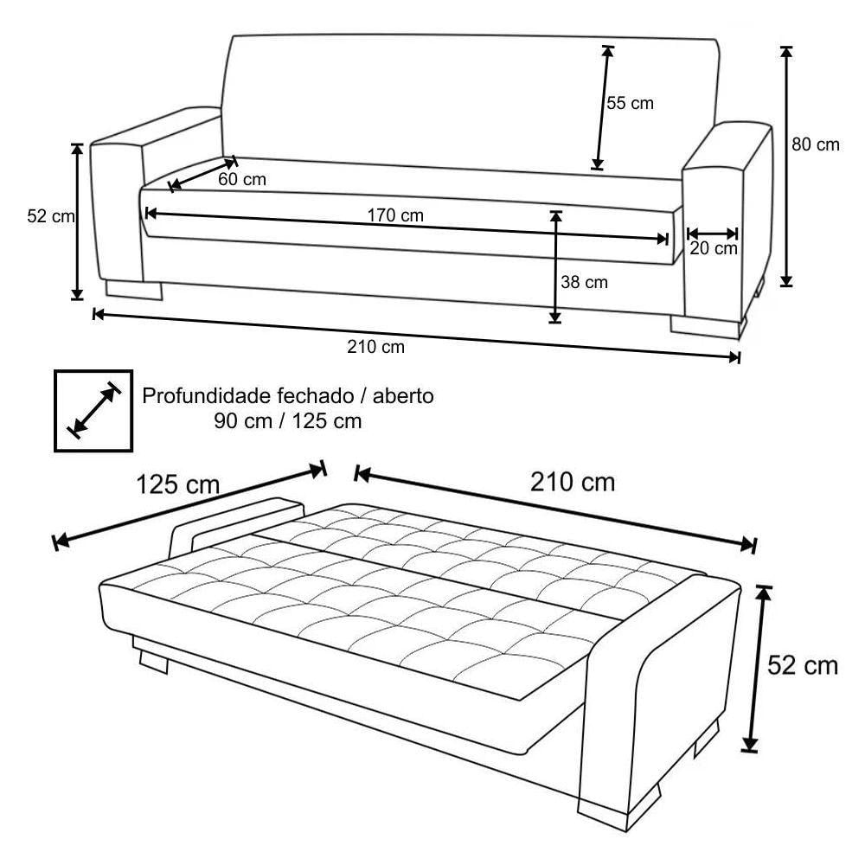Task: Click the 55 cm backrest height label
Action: tap(630, 104)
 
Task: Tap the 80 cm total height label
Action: tap(816, 145)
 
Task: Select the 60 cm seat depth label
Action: tap(242, 180)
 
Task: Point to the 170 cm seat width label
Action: tap(395, 215)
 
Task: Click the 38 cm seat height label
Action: tap(584, 282)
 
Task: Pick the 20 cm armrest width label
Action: tap(714, 249)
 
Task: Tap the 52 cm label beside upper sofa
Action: tap(50, 217)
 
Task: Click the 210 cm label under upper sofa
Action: tap(375, 348)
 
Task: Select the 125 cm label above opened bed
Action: tap(177, 484)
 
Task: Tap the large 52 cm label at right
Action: tap(803, 665)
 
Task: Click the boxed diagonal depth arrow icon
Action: tap(93, 411)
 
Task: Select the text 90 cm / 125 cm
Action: tap(286, 422)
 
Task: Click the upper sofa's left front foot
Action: tap(134, 290)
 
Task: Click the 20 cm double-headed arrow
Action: tap(713, 233)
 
